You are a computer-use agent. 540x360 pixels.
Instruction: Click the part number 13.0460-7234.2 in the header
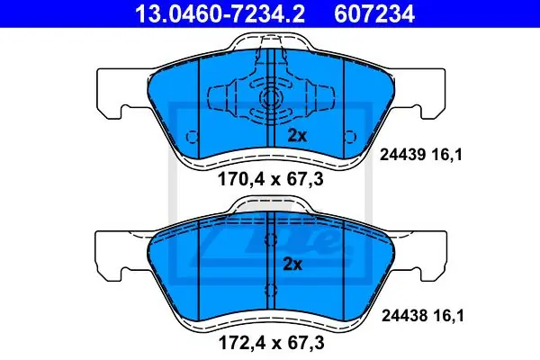point(220,13)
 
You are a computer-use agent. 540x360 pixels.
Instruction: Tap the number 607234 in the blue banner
point(374,13)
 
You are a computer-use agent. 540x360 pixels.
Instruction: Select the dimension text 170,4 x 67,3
point(271,179)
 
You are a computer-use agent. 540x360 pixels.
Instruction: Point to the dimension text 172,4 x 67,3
point(272,343)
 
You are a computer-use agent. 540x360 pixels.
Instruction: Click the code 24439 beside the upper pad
point(403,155)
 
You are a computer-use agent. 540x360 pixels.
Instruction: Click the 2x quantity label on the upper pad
point(297,136)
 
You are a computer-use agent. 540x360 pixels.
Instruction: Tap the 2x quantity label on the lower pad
point(292,265)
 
